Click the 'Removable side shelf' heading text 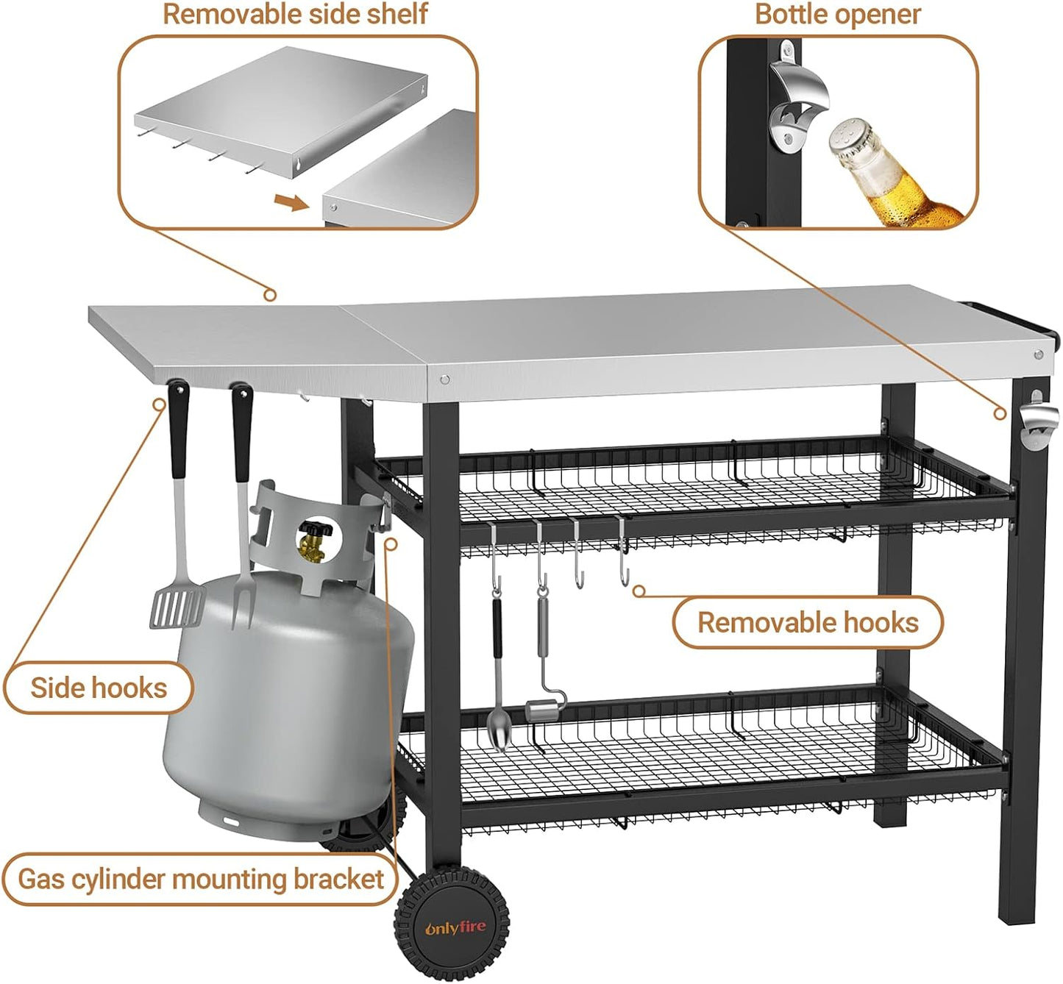coord(294,15)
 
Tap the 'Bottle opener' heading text coord(837,15)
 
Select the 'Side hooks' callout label coord(99,688)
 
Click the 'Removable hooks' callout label coord(808,623)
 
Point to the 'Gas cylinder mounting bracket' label coord(200,880)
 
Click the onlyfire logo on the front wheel coord(455,928)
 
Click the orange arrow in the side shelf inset coord(291,202)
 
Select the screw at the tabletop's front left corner coord(444,379)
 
